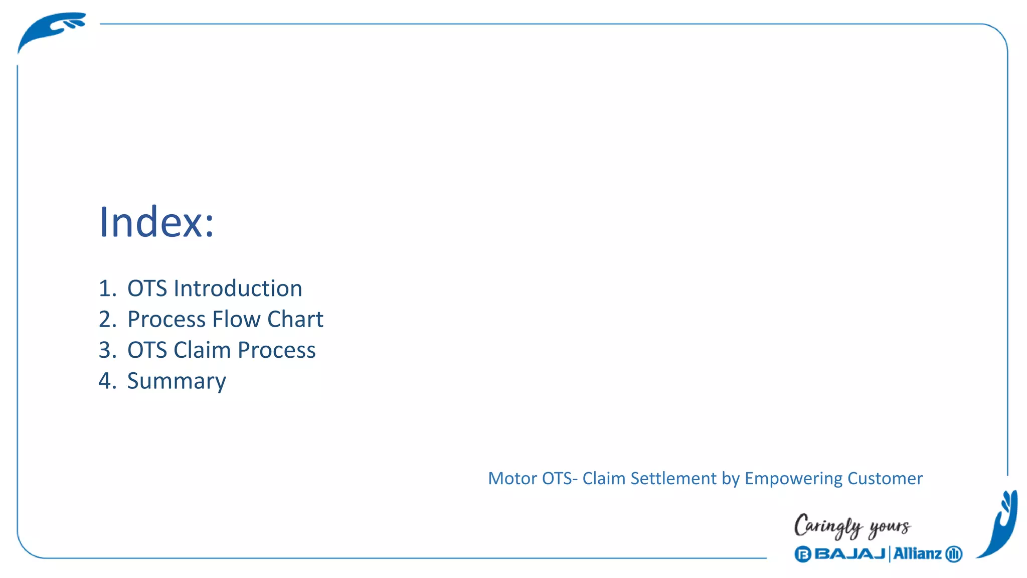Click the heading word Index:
156,222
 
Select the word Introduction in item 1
238,288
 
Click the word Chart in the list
295,319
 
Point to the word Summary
177,381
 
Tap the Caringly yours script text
852,526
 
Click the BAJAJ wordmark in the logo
850,554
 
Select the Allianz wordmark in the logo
917,554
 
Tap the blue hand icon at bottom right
1000,524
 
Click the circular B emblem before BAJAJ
802,554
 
